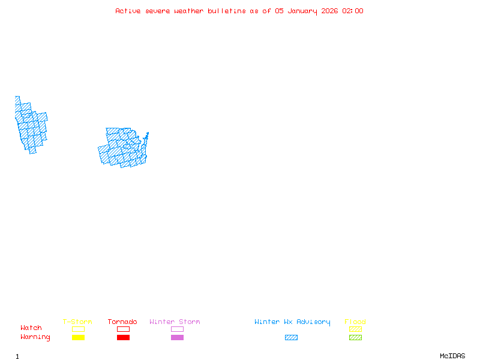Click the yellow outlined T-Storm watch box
(x=78, y=329)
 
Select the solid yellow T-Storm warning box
(x=78, y=338)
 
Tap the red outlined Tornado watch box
(x=123, y=329)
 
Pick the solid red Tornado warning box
(x=123, y=338)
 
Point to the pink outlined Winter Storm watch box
(x=177, y=329)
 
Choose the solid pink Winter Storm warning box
(x=177, y=338)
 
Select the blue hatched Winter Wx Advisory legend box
(x=291, y=338)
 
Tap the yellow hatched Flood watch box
(x=355, y=329)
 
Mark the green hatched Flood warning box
(x=355, y=338)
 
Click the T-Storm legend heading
(x=77, y=322)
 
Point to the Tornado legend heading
(x=122, y=322)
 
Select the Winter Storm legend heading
(x=175, y=322)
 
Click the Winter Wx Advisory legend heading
(x=292, y=322)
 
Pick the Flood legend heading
(x=355, y=322)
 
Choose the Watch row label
(x=31, y=328)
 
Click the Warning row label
(x=35, y=337)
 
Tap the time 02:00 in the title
(x=353, y=11)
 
